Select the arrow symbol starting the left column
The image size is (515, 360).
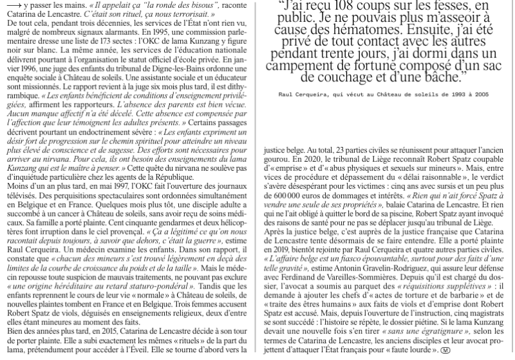(10, 4)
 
